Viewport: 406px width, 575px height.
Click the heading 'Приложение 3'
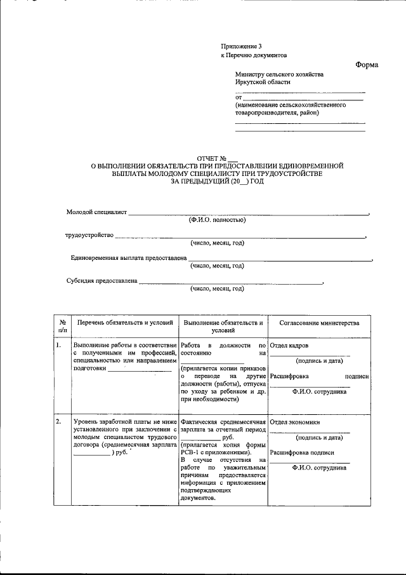[240, 46]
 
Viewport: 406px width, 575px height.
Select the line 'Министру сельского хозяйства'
[278, 74]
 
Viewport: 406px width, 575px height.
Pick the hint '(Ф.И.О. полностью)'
[217, 220]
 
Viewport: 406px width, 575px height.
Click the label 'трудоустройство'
[89, 235]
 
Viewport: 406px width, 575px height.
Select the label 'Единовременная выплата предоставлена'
[128, 258]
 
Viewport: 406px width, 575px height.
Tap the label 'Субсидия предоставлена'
[102, 281]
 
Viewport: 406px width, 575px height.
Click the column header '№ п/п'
[62, 327]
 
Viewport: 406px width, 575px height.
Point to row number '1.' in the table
[58, 346]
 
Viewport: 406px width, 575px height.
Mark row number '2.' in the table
[58, 422]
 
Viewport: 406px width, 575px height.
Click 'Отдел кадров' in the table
[289, 346]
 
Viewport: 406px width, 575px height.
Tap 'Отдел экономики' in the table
[294, 422]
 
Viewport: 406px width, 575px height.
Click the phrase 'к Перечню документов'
[254, 55]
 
